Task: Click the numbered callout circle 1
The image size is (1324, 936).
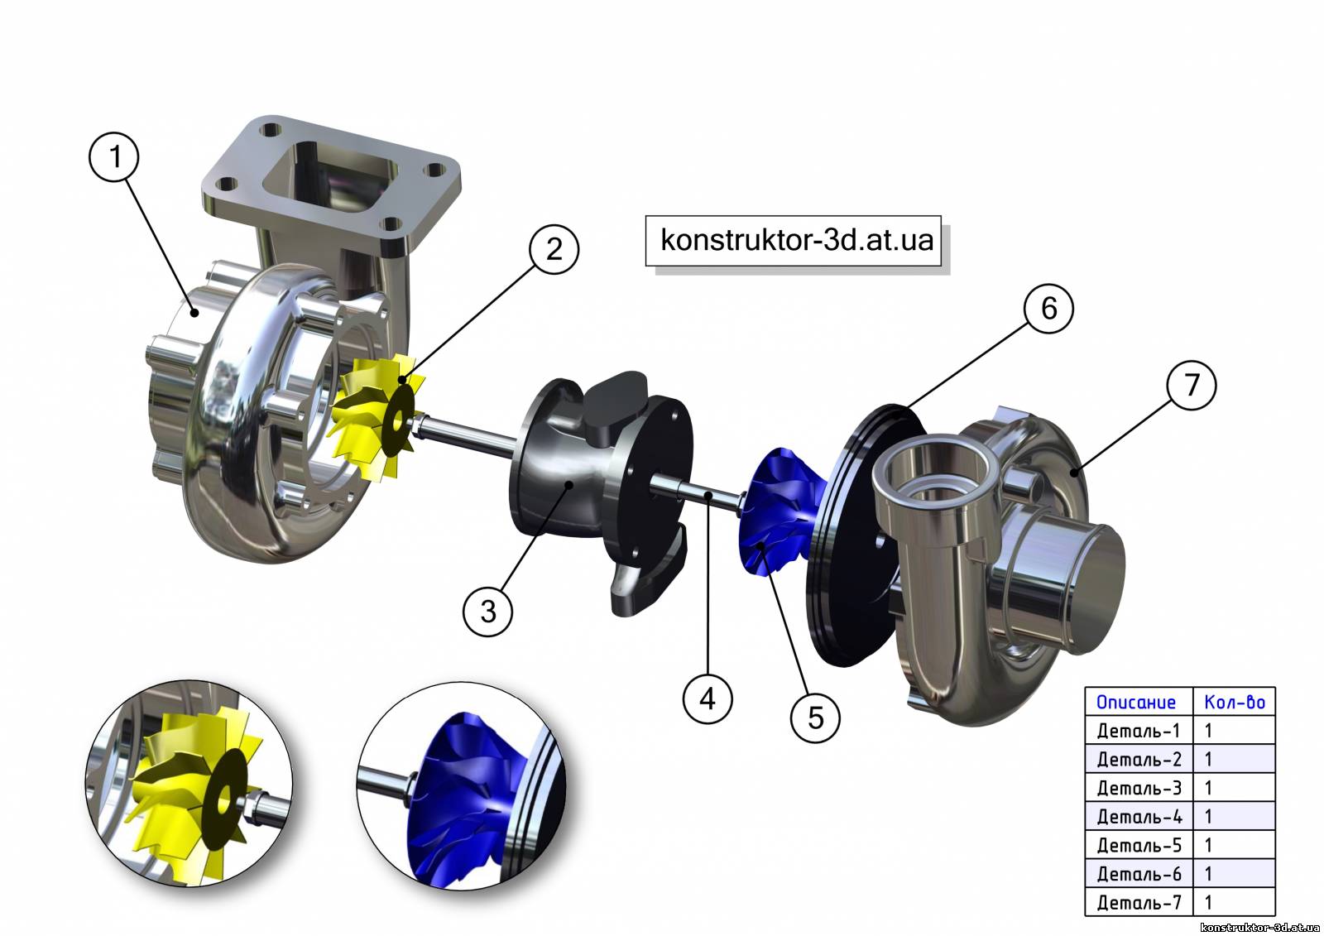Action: coord(114,156)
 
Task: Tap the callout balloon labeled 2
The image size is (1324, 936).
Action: coord(554,249)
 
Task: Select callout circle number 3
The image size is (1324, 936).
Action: coord(487,611)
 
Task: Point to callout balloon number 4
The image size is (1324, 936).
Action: coord(708,698)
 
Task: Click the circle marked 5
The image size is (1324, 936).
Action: coord(816,718)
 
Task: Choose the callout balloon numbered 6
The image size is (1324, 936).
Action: coord(1048,308)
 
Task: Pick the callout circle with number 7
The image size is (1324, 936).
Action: coord(1192,386)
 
